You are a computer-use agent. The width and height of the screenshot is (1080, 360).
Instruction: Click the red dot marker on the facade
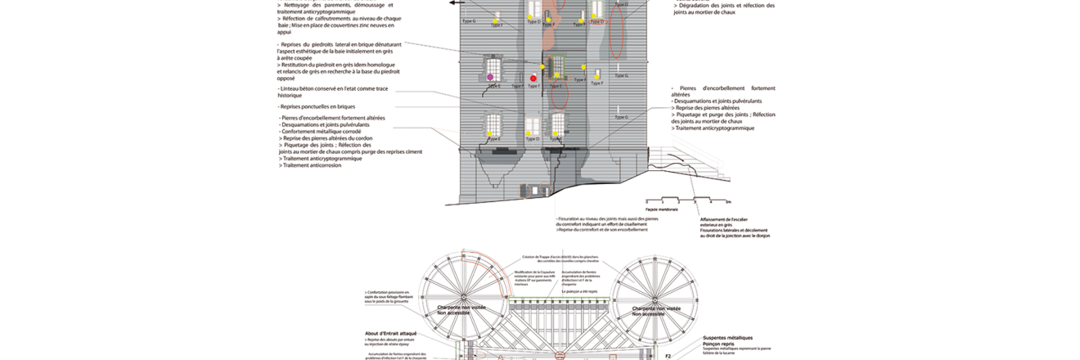(533, 79)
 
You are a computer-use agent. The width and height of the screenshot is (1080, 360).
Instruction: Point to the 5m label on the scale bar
(729, 202)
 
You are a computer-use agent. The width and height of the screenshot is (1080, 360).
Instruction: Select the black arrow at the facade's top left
(453, 3)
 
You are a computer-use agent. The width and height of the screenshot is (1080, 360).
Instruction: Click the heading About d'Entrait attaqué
(391, 334)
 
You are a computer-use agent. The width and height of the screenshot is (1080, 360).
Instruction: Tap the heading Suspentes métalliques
(727, 337)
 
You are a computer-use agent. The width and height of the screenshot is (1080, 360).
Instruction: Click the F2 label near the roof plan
(668, 356)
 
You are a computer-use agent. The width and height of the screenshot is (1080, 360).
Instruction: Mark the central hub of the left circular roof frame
(463, 295)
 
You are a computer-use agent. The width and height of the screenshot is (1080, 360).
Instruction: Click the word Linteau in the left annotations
(289, 88)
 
